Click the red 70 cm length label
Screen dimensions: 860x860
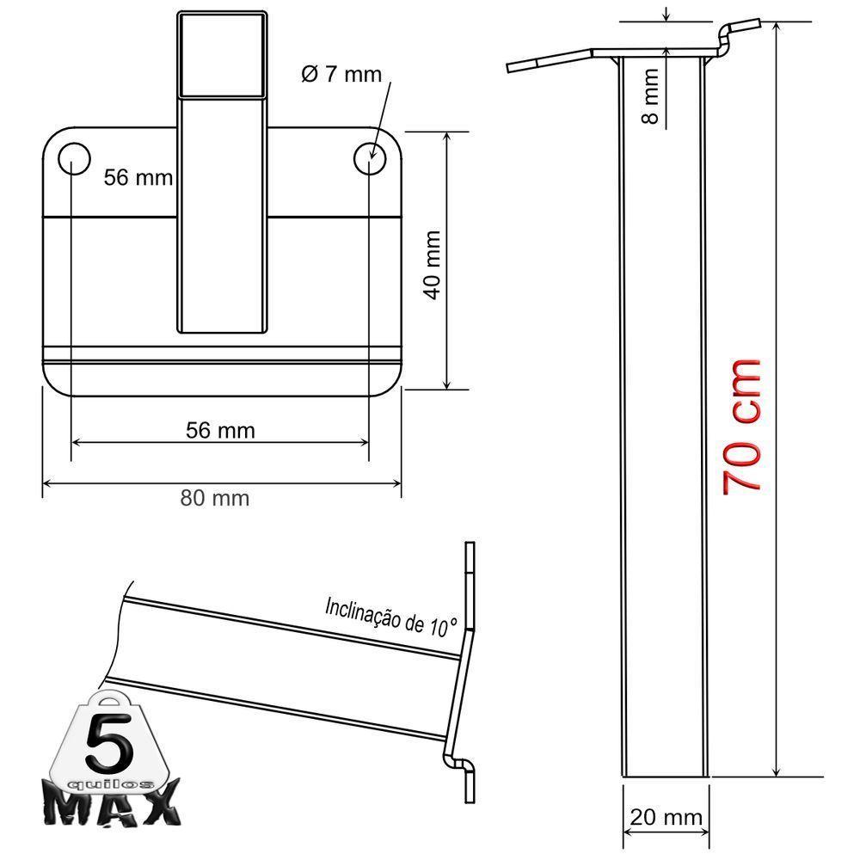tap(742, 425)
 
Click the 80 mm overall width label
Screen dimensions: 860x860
tap(215, 498)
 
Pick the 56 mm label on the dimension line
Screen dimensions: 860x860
tap(220, 430)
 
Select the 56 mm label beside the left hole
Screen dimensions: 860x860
tap(138, 178)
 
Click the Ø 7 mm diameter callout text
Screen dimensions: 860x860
tap(341, 74)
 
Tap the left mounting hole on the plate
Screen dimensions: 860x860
tap(73, 157)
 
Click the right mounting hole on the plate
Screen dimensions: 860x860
tap(371, 157)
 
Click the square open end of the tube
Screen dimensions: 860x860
tap(223, 53)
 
